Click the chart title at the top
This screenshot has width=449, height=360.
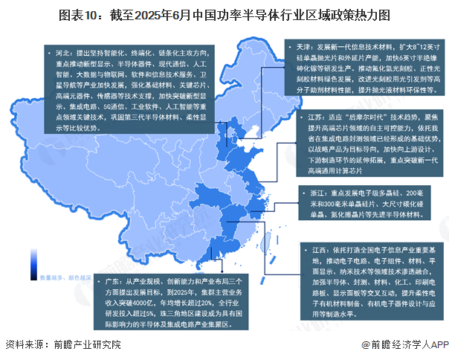tap(224, 14)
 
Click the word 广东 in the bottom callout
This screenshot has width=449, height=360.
tap(114, 283)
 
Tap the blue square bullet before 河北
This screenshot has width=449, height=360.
tap(49, 54)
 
